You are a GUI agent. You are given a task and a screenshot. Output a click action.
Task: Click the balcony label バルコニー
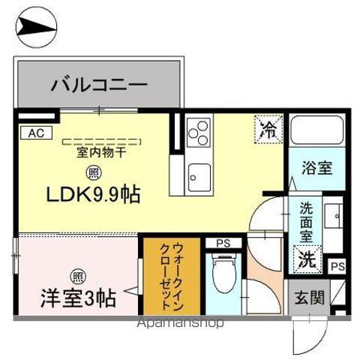coord(99,84)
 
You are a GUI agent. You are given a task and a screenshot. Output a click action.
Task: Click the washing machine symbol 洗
coord(308,259)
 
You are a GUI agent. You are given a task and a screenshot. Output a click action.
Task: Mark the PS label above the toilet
coord(223,242)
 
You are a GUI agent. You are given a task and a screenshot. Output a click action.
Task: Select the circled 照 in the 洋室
coord(78,274)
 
